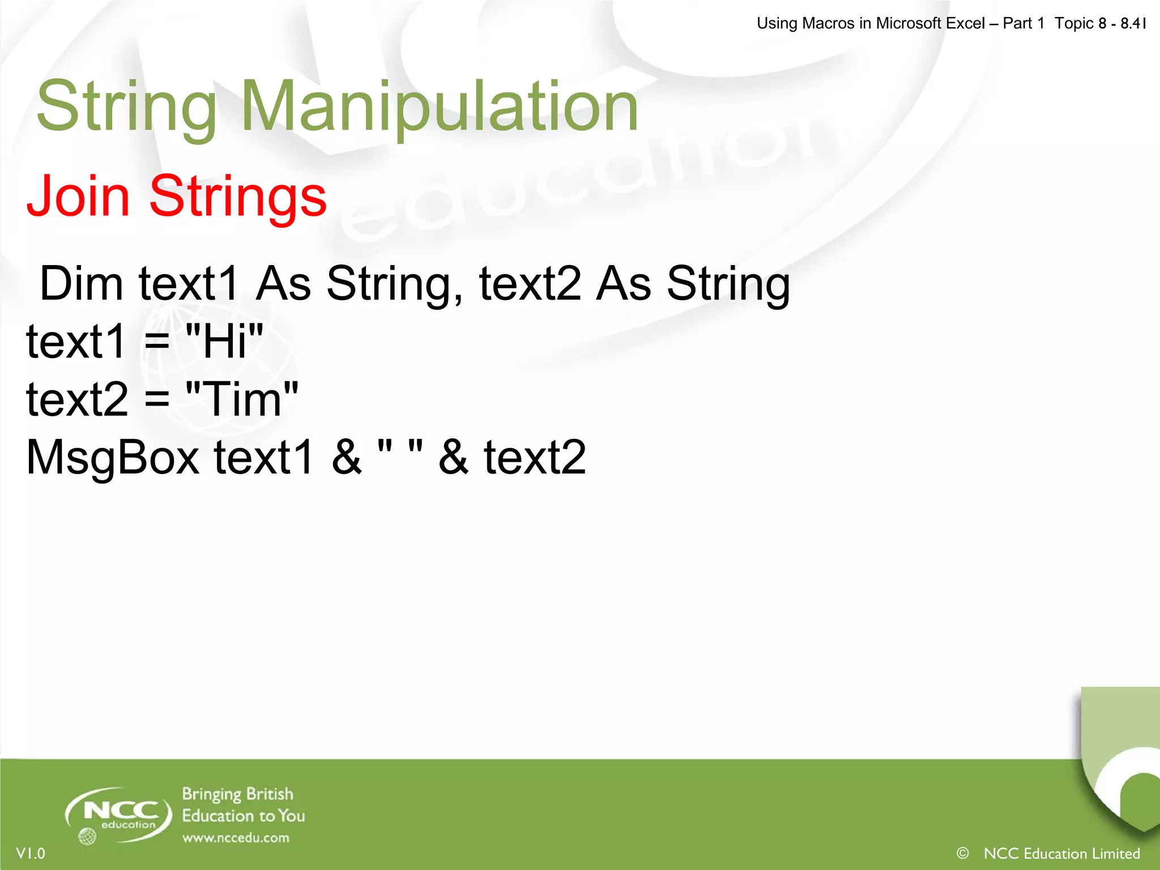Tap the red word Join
click(x=78, y=196)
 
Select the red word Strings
click(x=238, y=196)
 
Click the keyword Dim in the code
click(x=82, y=283)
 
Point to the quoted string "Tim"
click(x=242, y=399)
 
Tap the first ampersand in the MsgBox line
click(x=346, y=457)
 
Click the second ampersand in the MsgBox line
click(x=453, y=457)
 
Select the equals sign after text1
click(x=157, y=342)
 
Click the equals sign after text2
click(x=157, y=399)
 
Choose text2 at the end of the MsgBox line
click(x=535, y=457)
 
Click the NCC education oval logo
click(x=119, y=814)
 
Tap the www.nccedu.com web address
click(x=236, y=838)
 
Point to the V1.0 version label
click(x=31, y=853)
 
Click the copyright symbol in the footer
click(x=962, y=852)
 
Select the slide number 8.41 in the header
click(x=1133, y=23)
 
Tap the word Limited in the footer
click(x=1115, y=853)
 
